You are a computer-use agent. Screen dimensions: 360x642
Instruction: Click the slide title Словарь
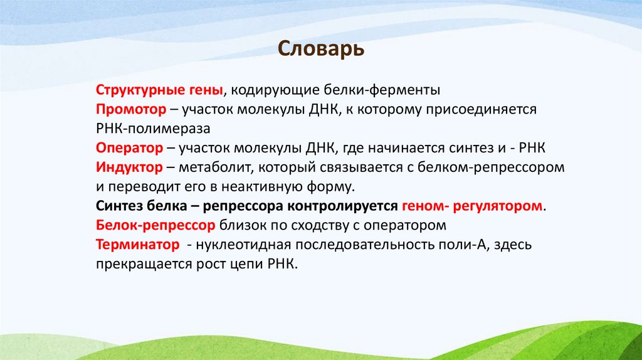pos(320,49)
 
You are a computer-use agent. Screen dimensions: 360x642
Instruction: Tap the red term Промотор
pos(131,109)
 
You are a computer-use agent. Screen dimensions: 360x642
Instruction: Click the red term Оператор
pos(129,148)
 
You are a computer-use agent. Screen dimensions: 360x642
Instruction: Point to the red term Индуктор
pos(130,167)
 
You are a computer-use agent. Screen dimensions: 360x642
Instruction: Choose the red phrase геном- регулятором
pos(472,206)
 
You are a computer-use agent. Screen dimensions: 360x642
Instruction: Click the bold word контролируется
pos(346,206)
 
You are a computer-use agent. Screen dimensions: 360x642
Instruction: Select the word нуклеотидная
pos(244,245)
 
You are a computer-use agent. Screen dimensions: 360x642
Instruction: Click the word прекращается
pos(137,264)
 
